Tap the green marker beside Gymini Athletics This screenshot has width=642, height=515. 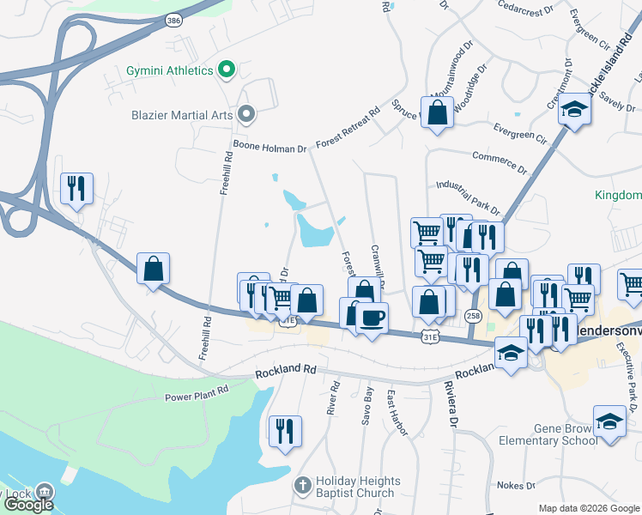pos(227,69)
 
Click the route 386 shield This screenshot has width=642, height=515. pos(173,19)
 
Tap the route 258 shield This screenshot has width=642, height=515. pos(473,316)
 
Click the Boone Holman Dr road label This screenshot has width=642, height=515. pos(270,148)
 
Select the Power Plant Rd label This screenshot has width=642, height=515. pos(197,392)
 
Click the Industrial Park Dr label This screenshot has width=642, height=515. pos(468,196)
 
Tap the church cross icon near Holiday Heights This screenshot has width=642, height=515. pos(302,486)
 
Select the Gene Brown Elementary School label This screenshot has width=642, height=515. pos(548,433)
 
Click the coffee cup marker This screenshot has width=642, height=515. pos(372,318)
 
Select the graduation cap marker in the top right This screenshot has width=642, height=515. pos(574,110)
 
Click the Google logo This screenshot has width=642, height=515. pos(27,505)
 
